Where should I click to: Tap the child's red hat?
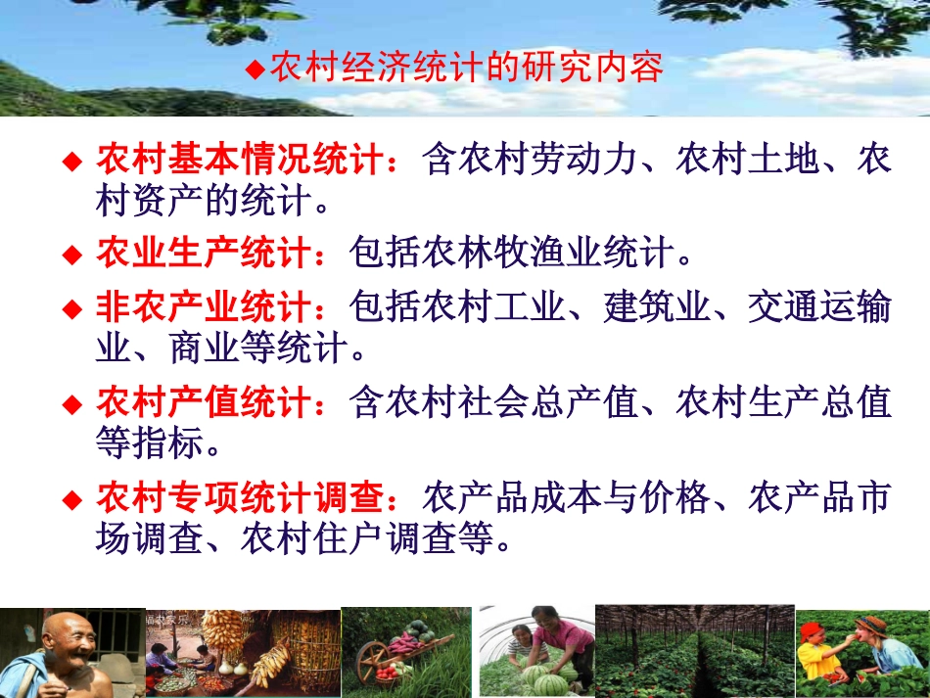812,632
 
